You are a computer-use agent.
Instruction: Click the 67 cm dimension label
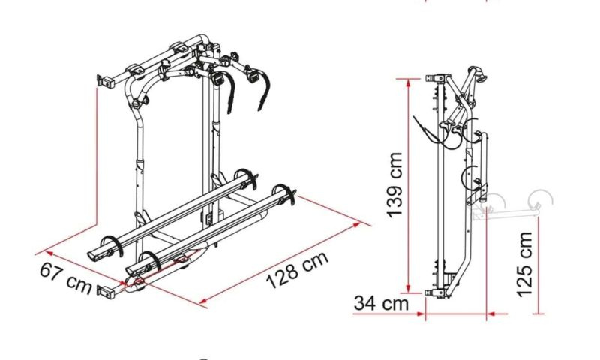[66, 277]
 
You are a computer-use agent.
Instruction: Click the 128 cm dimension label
[297, 270]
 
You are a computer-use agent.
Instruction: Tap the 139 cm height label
[395, 185]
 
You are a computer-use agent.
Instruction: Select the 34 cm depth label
[382, 303]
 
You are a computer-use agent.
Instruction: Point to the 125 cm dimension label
[524, 264]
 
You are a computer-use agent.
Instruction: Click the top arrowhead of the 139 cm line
[408, 82]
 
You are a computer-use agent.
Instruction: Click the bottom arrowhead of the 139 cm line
[408, 289]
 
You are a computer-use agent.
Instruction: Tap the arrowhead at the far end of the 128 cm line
[356, 224]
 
